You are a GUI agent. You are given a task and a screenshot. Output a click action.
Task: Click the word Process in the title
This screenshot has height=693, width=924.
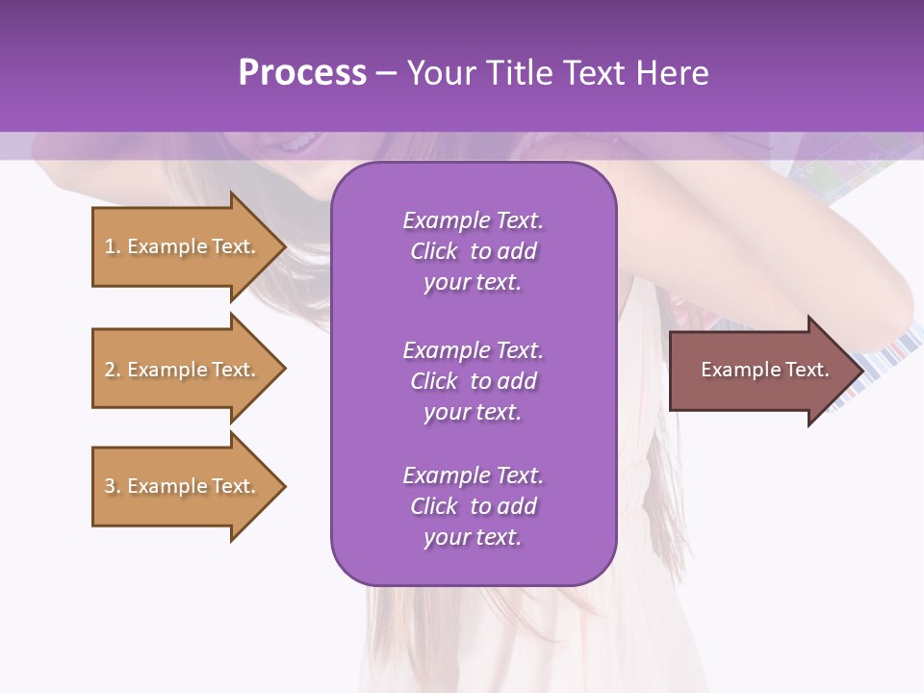(302, 73)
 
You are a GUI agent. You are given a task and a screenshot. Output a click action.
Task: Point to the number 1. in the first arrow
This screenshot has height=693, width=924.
(112, 246)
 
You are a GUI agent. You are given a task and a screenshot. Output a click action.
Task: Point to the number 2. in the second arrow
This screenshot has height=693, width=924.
(112, 370)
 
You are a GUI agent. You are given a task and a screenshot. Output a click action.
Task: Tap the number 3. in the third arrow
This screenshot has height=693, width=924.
(112, 486)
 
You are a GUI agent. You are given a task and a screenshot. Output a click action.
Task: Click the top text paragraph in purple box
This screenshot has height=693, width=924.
(473, 251)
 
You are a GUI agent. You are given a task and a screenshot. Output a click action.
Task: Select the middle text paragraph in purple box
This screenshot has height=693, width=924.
(473, 380)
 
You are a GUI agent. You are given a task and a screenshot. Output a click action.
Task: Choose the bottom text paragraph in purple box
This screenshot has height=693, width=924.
(473, 506)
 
